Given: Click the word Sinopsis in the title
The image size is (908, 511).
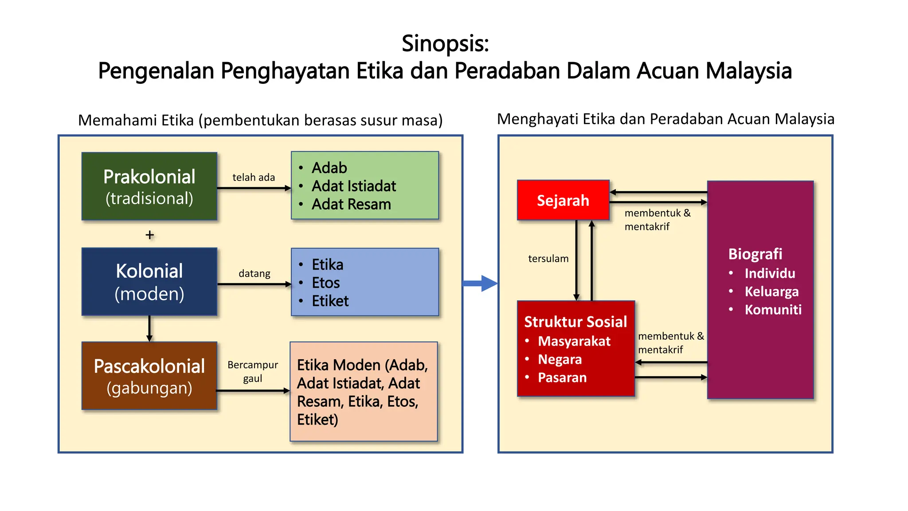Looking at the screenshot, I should click(445, 43).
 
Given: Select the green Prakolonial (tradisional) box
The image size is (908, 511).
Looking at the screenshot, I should click(149, 186).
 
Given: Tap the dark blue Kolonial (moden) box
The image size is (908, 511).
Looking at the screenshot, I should click(149, 282).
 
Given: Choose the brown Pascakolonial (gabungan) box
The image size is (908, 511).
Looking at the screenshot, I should click(149, 376).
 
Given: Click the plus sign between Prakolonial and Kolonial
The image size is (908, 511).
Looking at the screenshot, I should click(150, 235).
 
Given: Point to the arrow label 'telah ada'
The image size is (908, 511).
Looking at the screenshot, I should click(254, 177).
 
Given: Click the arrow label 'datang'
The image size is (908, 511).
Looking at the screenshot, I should click(254, 273).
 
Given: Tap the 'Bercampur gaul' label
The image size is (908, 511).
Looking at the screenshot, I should click(253, 371).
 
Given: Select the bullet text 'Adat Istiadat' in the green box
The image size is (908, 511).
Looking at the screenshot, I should click(354, 186).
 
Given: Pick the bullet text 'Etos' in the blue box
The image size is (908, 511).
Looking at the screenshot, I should click(326, 283).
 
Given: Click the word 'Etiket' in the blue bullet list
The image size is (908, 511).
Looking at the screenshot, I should click(330, 301).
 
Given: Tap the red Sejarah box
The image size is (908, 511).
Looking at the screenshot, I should click(563, 200).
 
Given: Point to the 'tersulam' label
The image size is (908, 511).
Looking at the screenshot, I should click(548, 259).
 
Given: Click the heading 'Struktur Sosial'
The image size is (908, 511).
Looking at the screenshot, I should click(575, 322).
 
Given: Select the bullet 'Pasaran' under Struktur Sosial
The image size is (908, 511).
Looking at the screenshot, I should click(562, 377).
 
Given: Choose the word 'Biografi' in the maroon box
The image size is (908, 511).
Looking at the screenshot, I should click(755, 254).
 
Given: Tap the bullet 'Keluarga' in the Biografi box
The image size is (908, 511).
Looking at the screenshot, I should click(771, 291).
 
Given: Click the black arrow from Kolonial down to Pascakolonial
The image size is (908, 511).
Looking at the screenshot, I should click(149, 329).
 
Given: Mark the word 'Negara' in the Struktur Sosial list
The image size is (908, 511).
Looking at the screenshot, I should click(560, 359).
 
